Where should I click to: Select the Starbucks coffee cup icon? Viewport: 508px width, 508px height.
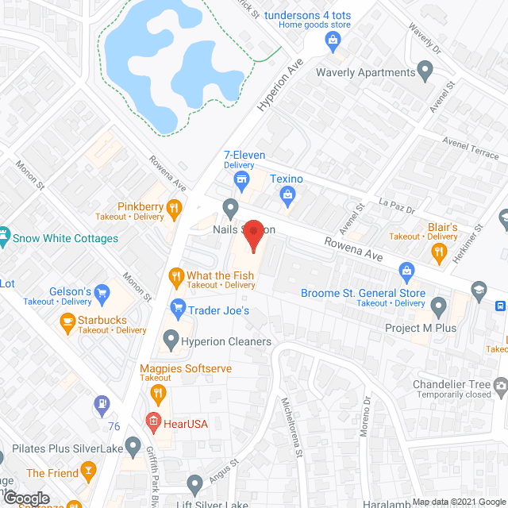click(x=67, y=321)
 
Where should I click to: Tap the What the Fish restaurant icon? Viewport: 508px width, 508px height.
click(x=176, y=275)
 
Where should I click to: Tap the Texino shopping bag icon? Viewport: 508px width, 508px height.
click(x=287, y=194)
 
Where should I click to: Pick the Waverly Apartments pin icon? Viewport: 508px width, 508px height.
click(x=425, y=72)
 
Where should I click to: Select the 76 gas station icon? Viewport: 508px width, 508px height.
click(x=103, y=406)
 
